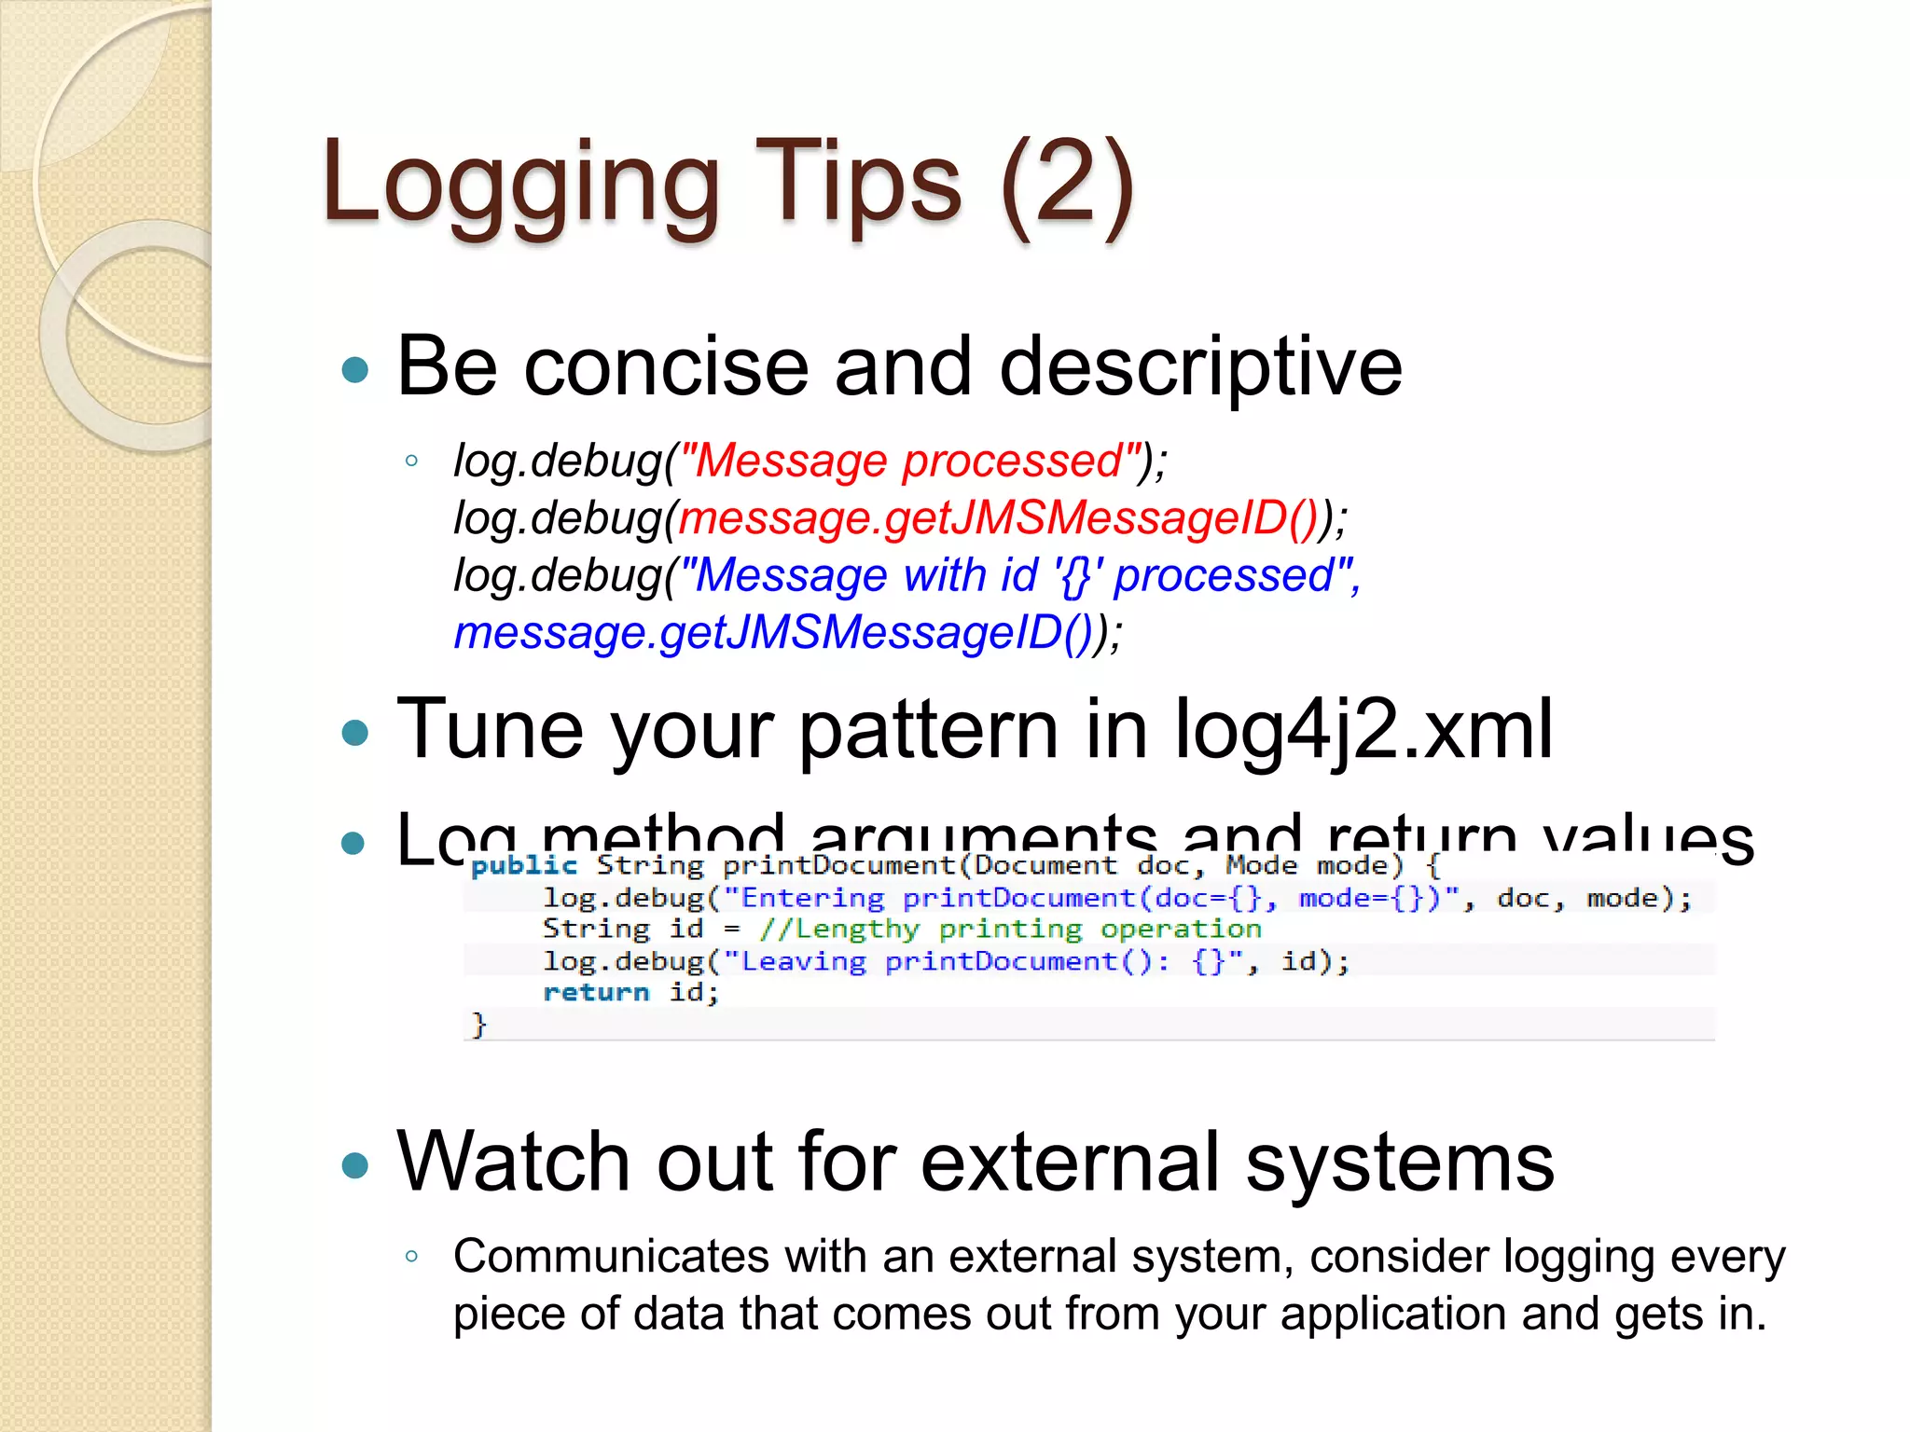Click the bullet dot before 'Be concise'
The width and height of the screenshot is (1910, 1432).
[x=355, y=370]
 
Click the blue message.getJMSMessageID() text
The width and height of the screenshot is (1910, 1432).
[x=773, y=633]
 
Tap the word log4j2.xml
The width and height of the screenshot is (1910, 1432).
[x=1363, y=730]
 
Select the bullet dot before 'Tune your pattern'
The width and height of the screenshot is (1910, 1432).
[x=355, y=732]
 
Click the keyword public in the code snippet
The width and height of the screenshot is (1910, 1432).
[x=524, y=866]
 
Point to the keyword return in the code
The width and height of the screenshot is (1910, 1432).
[x=595, y=992]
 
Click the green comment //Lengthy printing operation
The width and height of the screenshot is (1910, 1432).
[x=1010, y=929]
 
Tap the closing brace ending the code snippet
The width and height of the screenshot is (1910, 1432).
[x=478, y=1025]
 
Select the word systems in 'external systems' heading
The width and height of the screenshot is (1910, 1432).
[x=1400, y=1162]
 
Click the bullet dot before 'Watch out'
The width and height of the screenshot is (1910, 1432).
[x=355, y=1164]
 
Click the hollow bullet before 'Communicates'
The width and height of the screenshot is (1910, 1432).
[x=411, y=1257]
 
